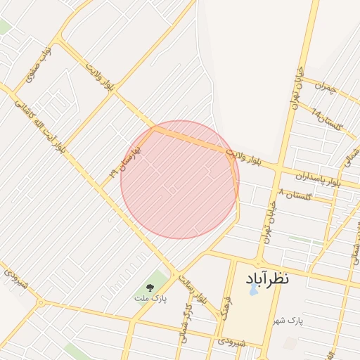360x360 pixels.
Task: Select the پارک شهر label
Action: click(x=304, y=321)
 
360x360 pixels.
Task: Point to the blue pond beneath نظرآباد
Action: click(x=253, y=289)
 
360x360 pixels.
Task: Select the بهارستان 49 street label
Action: click(x=125, y=162)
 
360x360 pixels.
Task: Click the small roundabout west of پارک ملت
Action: click(x=41, y=303)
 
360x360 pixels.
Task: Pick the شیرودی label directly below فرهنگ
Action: click(x=231, y=341)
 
